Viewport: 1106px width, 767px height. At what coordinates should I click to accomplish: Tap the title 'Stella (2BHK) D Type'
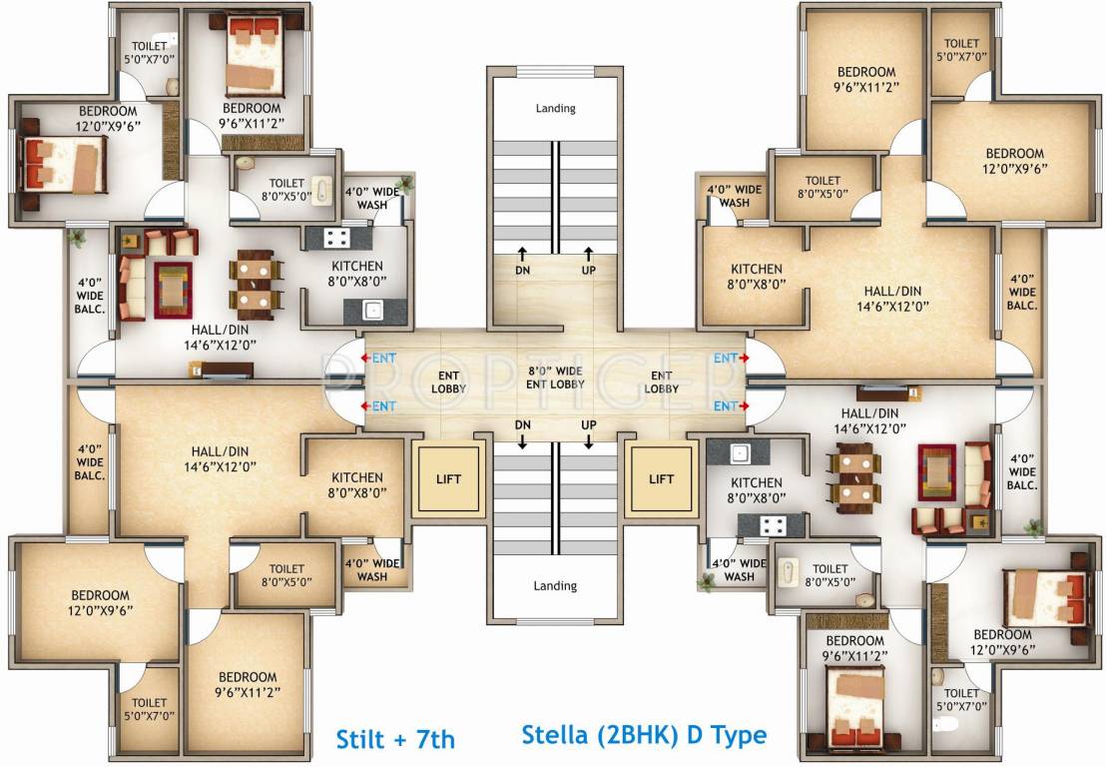click(x=644, y=736)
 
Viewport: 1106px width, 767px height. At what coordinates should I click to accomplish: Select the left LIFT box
click(x=449, y=479)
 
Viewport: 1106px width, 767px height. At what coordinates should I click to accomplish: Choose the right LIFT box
click(x=661, y=479)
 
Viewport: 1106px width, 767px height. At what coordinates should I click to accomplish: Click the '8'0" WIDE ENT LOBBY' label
click(x=556, y=378)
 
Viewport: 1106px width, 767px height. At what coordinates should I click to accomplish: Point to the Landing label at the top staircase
click(x=555, y=108)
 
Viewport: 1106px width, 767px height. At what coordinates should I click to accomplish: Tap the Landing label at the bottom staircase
click(x=555, y=586)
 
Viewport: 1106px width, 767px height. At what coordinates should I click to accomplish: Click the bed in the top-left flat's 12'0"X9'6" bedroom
click(x=63, y=162)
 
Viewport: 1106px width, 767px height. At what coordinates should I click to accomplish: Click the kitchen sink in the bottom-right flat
click(x=739, y=452)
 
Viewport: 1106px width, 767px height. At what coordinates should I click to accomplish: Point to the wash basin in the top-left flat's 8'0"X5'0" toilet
click(x=322, y=191)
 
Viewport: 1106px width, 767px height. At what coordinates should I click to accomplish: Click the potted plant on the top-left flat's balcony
click(x=76, y=238)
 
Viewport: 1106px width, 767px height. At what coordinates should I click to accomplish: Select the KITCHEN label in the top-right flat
click(x=756, y=276)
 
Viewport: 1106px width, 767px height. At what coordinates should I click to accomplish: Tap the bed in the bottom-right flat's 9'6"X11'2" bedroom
click(x=854, y=699)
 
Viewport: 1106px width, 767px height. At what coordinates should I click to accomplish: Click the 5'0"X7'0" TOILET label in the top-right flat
click(x=962, y=50)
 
